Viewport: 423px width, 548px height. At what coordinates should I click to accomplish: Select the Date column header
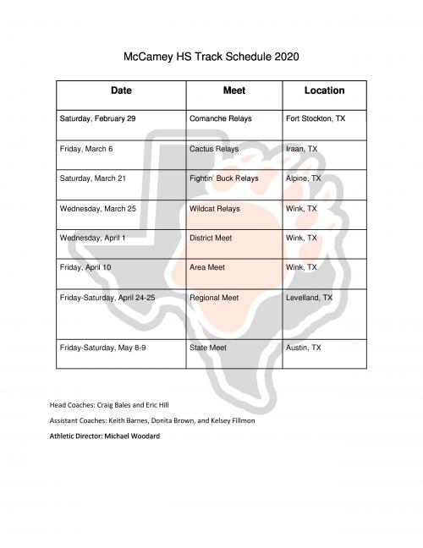121,90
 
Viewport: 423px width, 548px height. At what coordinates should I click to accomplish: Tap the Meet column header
233,90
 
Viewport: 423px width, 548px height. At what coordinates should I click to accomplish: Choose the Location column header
324,90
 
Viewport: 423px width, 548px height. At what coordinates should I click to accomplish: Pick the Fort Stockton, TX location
316,119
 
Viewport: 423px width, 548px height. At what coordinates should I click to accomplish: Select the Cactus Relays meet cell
214,149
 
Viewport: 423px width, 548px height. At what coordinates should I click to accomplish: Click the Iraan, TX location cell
302,149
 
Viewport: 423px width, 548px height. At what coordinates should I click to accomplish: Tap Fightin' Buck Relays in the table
224,178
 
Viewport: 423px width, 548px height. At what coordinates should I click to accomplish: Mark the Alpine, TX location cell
305,178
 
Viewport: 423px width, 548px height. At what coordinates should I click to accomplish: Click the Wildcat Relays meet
215,208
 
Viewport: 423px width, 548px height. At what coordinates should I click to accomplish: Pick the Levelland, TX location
310,298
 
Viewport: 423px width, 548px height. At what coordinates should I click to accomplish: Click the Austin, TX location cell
305,348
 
